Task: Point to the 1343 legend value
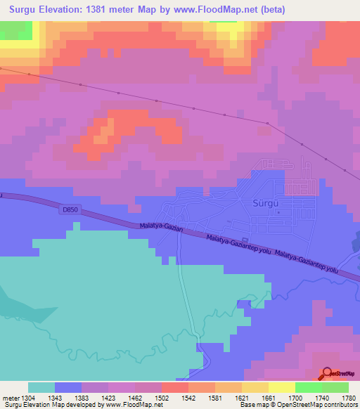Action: tap(55, 398)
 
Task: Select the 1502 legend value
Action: tap(162, 398)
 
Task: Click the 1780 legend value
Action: tap(349, 398)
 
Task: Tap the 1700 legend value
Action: tap(295, 398)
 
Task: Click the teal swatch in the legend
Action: tap(41, 387)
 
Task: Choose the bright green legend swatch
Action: tap(309, 387)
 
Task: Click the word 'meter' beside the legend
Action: tap(9, 398)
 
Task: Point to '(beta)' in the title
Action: tap(271, 9)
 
